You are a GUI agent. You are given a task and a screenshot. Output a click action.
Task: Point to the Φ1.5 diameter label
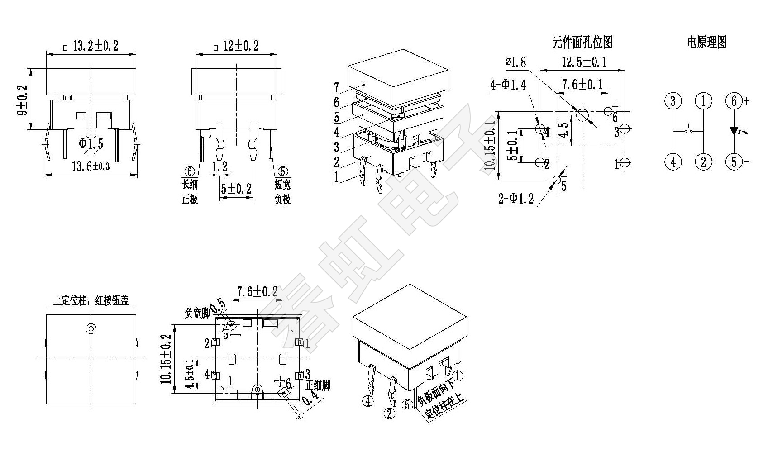click(91, 144)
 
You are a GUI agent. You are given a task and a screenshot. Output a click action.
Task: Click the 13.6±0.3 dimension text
click(91, 166)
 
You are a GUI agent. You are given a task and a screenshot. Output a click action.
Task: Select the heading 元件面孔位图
click(582, 43)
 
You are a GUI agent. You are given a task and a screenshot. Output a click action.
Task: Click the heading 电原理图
click(707, 43)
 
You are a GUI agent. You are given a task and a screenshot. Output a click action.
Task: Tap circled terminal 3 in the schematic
click(673, 101)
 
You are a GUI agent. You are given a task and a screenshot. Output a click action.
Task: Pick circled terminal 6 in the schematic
click(734, 101)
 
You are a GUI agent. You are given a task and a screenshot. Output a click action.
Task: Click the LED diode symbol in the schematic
click(734, 131)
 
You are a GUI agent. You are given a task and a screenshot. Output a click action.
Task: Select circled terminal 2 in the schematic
click(703, 162)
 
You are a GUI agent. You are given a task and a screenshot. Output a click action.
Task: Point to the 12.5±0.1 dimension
click(584, 62)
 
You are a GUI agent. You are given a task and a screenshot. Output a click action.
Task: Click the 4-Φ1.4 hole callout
click(508, 85)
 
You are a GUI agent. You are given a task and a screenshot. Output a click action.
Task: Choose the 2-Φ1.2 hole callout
click(516, 199)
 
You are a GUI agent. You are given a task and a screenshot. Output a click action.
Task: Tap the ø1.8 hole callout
click(516, 62)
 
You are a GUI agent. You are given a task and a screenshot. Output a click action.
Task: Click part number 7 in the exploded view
click(336, 87)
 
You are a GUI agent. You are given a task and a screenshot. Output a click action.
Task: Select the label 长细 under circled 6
click(190, 185)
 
